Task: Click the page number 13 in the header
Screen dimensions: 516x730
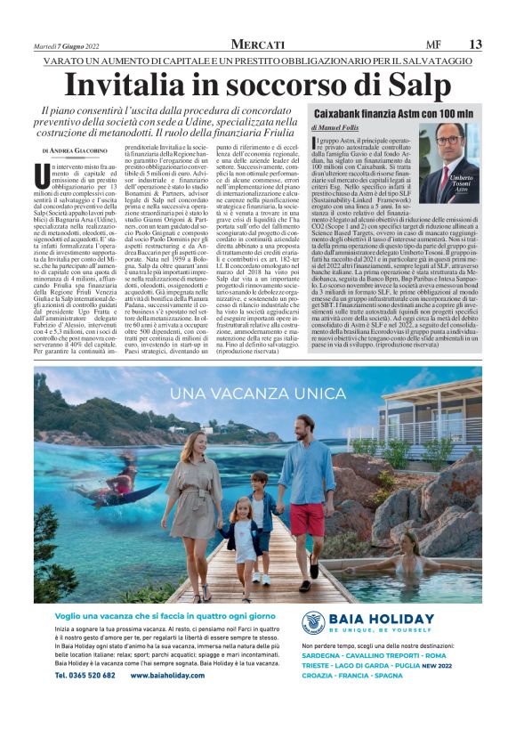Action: click(x=475, y=45)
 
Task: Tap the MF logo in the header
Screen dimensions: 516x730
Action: click(x=432, y=45)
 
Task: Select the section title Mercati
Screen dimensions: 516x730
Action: click(x=257, y=45)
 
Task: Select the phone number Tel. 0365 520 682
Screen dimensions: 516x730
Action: click(x=85, y=676)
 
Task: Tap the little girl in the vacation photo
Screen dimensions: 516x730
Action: click(x=243, y=534)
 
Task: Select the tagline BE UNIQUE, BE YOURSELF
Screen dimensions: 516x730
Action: click(x=380, y=629)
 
